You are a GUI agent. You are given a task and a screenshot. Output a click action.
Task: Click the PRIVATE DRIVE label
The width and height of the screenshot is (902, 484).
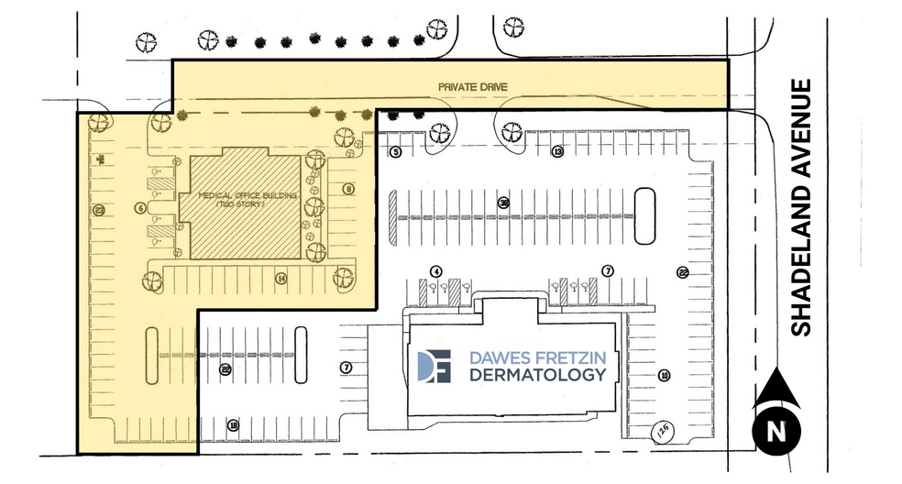[x=472, y=86]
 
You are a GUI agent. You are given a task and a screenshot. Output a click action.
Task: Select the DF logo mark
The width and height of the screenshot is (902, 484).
[x=434, y=365]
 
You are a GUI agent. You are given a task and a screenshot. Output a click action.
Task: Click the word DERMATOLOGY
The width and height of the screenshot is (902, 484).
[x=537, y=375]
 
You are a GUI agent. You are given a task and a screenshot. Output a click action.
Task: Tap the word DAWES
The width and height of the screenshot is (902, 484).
[x=496, y=357]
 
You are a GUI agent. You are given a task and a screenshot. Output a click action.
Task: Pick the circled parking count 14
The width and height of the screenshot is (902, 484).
[x=281, y=278]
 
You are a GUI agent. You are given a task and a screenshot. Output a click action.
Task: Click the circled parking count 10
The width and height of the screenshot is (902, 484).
[x=664, y=374]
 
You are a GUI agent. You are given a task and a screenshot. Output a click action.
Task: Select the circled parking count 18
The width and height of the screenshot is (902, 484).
[x=234, y=425]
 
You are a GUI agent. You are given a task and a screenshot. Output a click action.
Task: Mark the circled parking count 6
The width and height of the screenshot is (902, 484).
[x=140, y=208]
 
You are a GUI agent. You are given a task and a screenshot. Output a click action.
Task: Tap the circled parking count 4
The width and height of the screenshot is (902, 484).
[x=436, y=271]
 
